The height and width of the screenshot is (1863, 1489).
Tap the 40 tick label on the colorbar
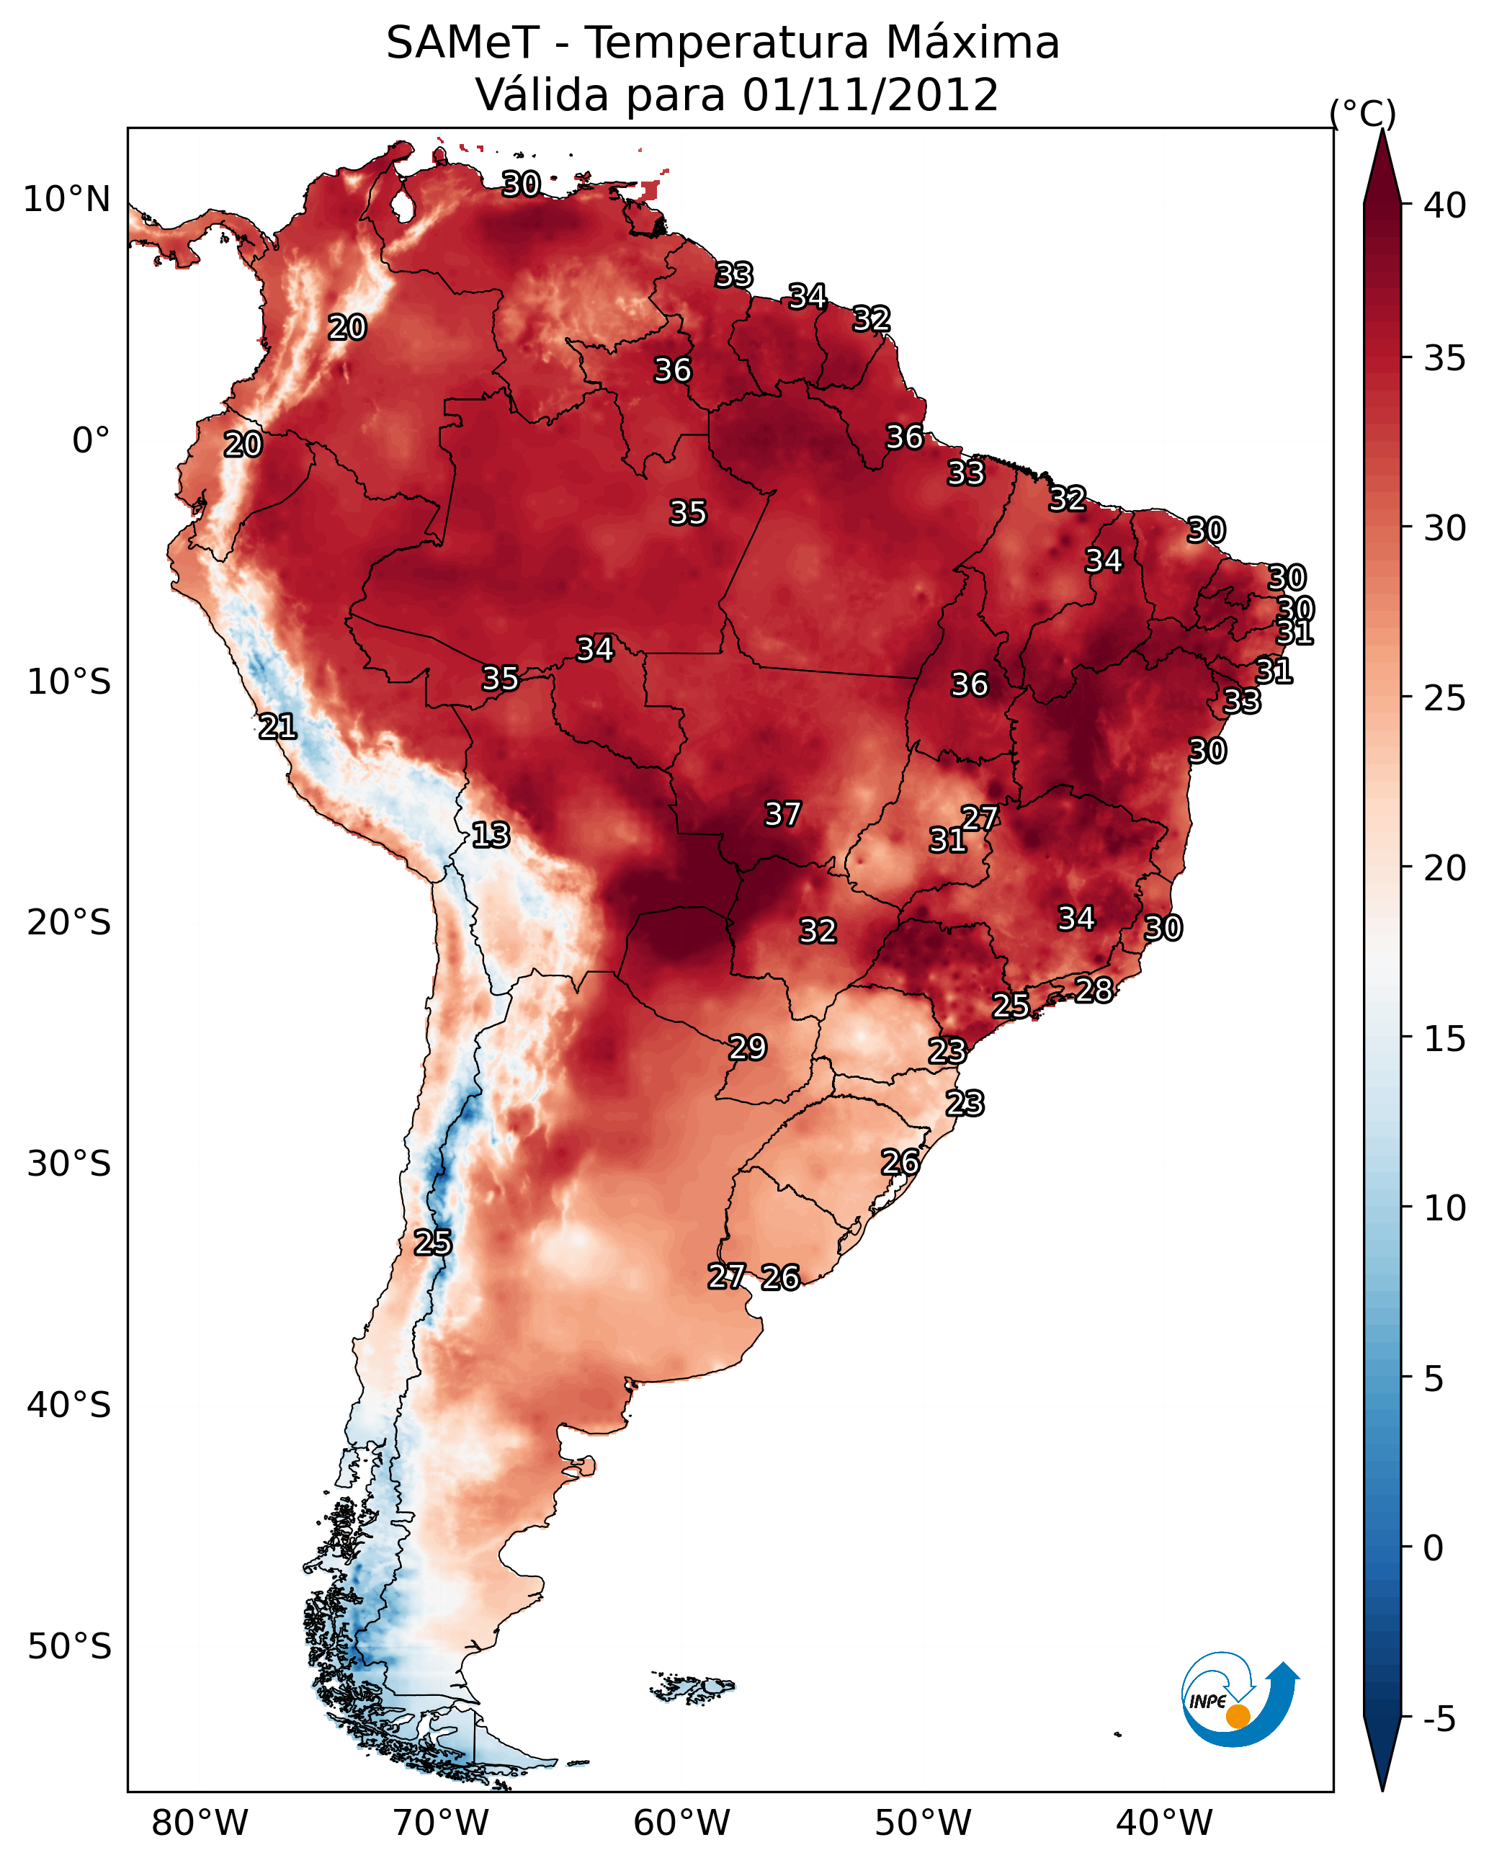1445,205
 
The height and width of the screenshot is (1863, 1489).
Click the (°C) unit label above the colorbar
1363,113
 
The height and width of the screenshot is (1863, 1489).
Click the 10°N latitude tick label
66,200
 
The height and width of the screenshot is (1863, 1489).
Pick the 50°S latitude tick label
69,1646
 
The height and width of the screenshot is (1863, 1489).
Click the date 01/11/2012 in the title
870,95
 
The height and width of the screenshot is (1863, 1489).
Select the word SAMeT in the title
462,43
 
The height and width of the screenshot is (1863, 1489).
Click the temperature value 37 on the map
783,814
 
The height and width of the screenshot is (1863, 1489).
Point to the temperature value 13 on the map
491,835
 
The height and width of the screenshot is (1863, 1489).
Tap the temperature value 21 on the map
277,727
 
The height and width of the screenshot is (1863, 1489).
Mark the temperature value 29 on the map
748,1047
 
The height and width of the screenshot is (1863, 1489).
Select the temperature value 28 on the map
1094,991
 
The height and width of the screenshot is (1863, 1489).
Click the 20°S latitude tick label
69,923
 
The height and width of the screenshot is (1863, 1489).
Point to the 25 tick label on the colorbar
1445,697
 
